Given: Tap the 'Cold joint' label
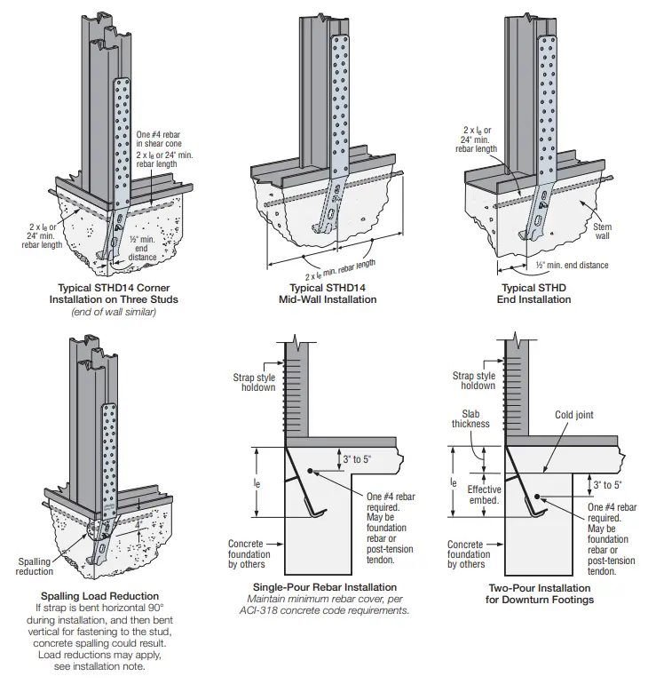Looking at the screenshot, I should click(x=573, y=414).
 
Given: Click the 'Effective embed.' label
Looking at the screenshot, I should click(x=484, y=495).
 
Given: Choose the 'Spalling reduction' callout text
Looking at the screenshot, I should click(x=35, y=567).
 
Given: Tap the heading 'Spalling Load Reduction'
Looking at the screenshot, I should click(x=99, y=595).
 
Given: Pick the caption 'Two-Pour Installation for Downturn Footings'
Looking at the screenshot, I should click(x=541, y=593).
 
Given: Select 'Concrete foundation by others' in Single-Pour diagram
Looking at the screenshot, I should click(x=249, y=553).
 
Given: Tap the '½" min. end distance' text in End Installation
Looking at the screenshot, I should click(x=571, y=266).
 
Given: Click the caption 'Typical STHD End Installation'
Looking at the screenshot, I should click(x=536, y=293).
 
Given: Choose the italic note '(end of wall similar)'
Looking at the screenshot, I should click(x=113, y=311).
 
